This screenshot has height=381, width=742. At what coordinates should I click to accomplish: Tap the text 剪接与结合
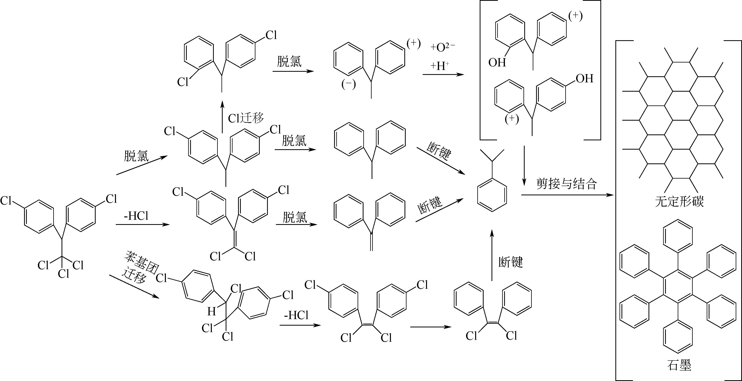pyautogui.click(x=566, y=184)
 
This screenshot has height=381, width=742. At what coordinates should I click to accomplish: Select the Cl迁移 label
pyautogui.click(x=246, y=118)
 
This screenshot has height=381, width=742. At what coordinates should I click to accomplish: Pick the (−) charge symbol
pyautogui.click(x=349, y=84)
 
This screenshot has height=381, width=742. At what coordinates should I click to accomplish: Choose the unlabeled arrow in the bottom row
pyautogui.click(x=431, y=327)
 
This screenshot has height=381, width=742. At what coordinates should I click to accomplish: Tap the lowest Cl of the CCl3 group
pyautogui.click(x=63, y=273)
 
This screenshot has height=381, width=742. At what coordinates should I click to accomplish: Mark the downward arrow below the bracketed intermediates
pyautogui.click(x=524, y=165)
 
